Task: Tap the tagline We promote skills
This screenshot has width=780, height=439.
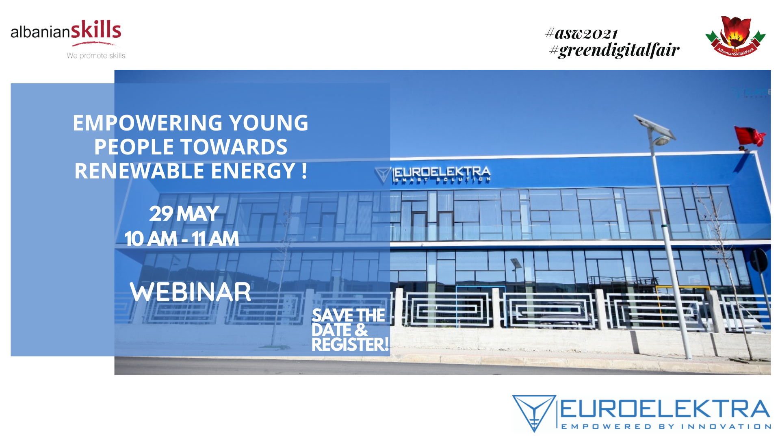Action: [x=96, y=56]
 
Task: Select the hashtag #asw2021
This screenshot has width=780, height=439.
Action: [x=581, y=33]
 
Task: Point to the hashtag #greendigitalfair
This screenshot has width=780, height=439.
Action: [x=614, y=50]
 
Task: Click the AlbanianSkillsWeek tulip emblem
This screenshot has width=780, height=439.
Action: [x=735, y=36]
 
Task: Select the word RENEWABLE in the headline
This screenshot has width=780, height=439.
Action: [x=139, y=171]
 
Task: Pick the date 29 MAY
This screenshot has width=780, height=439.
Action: [x=184, y=214]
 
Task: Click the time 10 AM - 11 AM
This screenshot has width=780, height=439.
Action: [x=182, y=239]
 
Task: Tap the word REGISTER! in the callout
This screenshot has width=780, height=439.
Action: [x=350, y=345]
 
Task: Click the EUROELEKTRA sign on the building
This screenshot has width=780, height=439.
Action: [x=433, y=175]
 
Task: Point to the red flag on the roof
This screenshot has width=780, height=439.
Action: [x=750, y=136]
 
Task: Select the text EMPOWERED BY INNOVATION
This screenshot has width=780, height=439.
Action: [x=666, y=426]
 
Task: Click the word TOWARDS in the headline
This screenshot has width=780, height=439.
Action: [x=234, y=147]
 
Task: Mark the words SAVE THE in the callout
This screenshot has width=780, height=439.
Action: [x=348, y=315]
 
